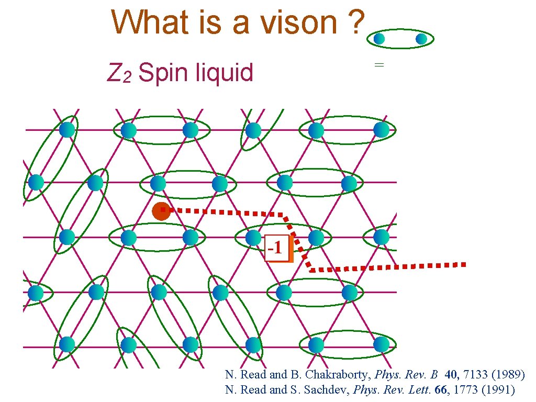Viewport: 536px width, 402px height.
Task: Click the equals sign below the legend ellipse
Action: point(379,65)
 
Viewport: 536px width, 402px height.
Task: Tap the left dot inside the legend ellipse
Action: point(379,39)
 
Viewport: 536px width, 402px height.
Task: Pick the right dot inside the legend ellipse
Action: point(421,39)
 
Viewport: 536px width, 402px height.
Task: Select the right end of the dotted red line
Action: point(463,264)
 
